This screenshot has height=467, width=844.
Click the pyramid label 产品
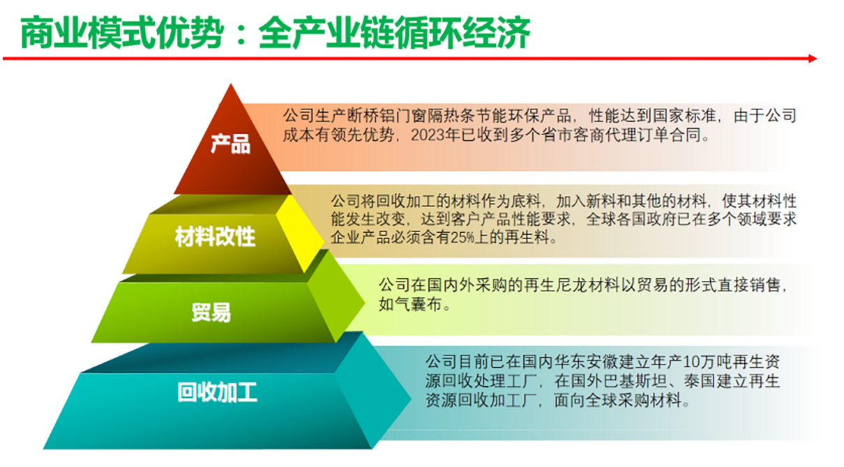(231, 144)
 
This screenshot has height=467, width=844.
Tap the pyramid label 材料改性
(215, 236)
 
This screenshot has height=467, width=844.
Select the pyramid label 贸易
(211, 312)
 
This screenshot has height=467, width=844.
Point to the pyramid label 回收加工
(218, 392)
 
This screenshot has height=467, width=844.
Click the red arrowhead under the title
(813, 59)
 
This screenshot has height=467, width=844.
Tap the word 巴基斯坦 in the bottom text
(635, 381)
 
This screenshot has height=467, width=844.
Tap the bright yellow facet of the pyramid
(300, 233)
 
